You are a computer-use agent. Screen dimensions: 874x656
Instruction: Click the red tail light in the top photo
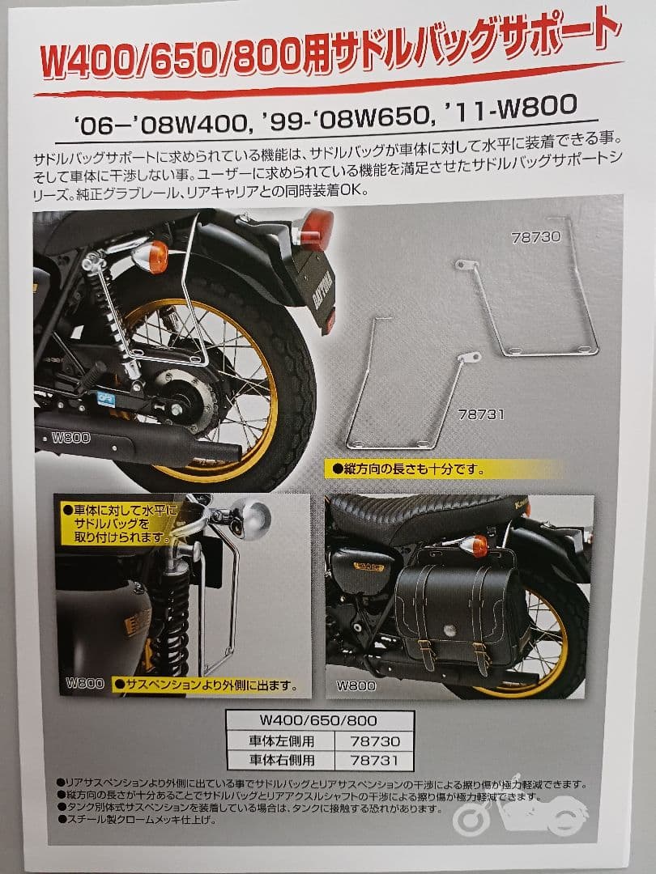point(315,229)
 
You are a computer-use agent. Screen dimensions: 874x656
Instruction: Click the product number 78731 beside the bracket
point(481,415)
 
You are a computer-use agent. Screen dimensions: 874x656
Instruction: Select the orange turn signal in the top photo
point(155,258)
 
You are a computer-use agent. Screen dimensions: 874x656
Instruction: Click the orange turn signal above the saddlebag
point(480,545)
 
